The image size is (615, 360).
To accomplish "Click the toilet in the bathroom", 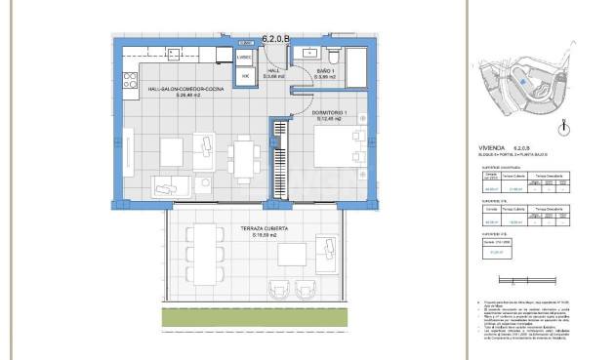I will [334, 53].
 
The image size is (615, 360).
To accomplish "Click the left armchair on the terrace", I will [275, 289].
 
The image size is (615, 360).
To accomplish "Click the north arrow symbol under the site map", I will [563, 128].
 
